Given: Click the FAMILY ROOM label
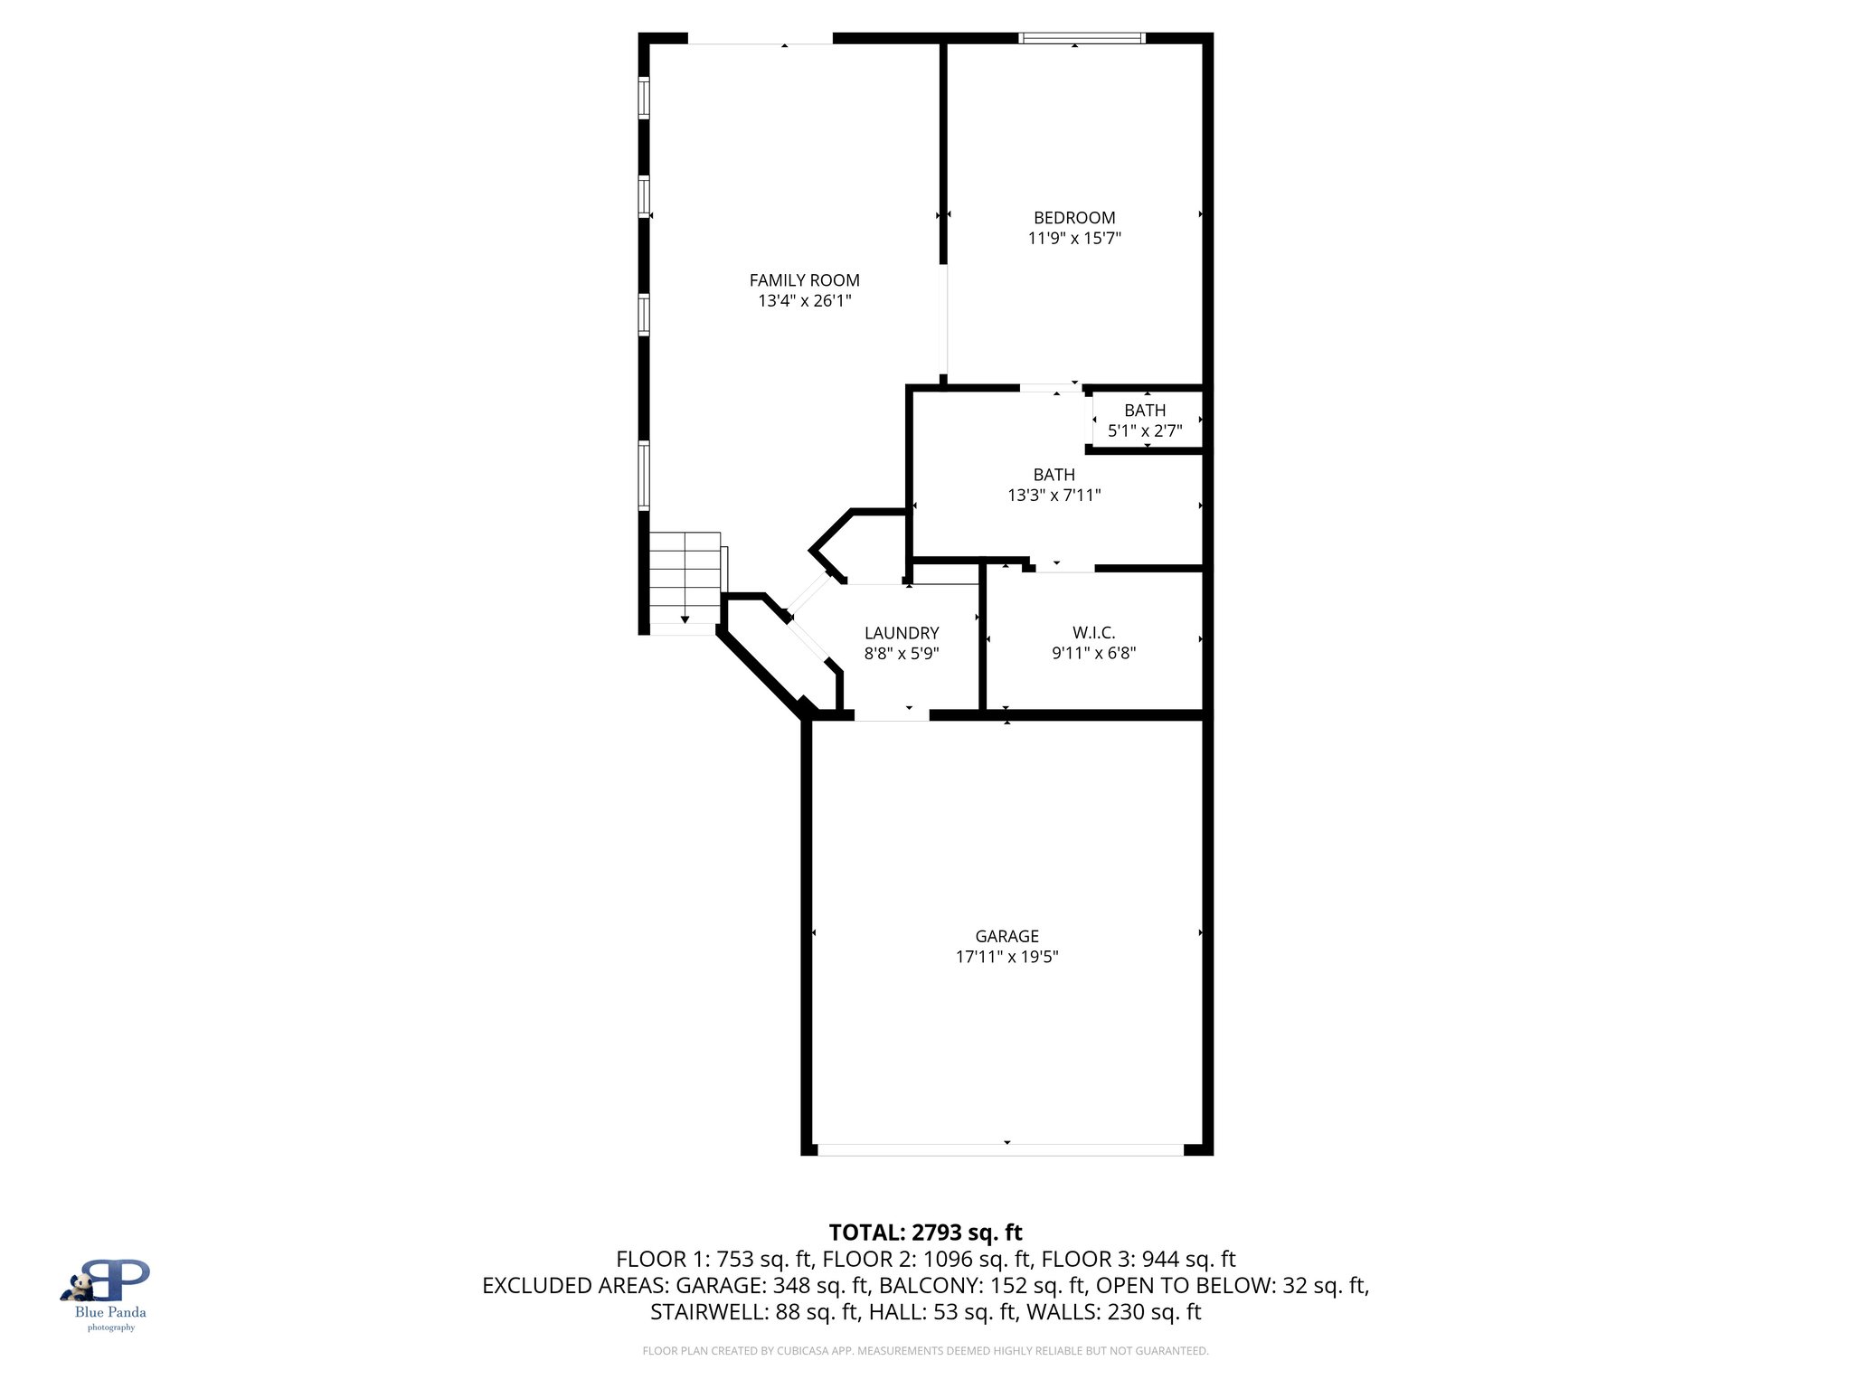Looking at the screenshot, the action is click(x=804, y=280).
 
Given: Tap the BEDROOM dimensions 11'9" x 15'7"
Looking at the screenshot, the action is click(x=1074, y=239).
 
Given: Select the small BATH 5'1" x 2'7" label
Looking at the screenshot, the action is click(x=1145, y=411).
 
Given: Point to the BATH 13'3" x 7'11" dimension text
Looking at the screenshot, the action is click(x=1054, y=496).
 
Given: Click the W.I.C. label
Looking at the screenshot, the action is click(x=1093, y=633).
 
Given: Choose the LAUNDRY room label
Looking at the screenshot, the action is click(x=901, y=633).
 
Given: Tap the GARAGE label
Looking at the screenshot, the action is click(x=1006, y=936).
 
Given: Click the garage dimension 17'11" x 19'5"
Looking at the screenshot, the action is click(x=1006, y=957).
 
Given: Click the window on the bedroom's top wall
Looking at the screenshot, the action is click(x=1082, y=38).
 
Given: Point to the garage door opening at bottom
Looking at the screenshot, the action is click(x=1000, y=1150).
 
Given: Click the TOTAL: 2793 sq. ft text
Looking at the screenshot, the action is click(x=925, y=1233).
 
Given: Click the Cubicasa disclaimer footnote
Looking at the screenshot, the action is click(x=925, y=1351).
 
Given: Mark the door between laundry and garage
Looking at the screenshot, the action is click(x=892, y=715).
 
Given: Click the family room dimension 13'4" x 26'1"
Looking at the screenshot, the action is click(x=804, y=301).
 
